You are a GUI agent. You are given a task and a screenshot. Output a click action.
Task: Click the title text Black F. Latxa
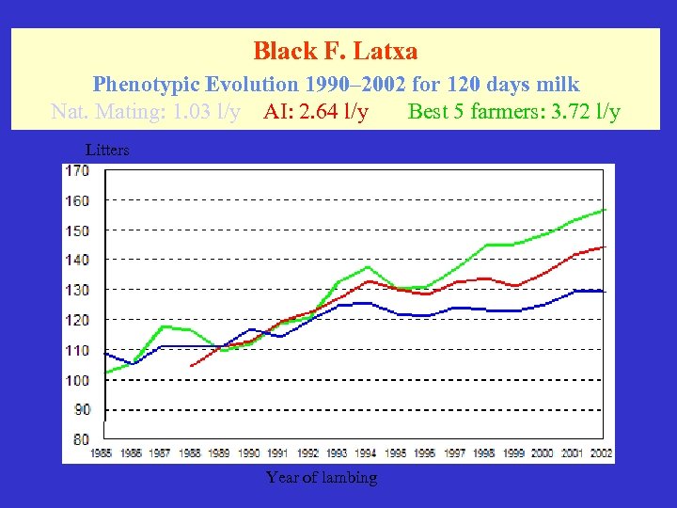(x=336, y=50)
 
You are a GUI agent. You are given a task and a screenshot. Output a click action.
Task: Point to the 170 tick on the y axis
(x=76, y=171)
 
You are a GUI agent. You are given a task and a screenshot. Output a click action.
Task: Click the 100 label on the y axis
(x=76, y=380)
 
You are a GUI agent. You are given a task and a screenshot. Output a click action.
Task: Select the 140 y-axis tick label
(x=76, y=260)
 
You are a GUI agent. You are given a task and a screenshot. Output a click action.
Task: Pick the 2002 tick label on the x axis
(x=601, y=452)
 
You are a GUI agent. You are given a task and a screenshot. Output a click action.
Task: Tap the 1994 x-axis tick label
(x=366, y=452)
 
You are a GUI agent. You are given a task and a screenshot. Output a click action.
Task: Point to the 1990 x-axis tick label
(x=248, y=452)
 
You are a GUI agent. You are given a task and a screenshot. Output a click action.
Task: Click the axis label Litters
(x=107, y=150)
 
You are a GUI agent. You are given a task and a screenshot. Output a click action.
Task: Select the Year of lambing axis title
(x=322, y=477)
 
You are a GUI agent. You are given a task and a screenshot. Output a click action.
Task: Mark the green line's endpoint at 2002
(x=606, y=209)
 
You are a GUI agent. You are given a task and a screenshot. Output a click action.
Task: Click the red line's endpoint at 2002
(x=606, y=247)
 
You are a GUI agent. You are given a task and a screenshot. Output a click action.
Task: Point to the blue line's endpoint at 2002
(x=606, y=292)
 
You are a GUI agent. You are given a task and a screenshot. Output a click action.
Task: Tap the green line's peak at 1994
(x=368, y=267)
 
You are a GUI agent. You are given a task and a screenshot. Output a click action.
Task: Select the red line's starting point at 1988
(x=191, y=365)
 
